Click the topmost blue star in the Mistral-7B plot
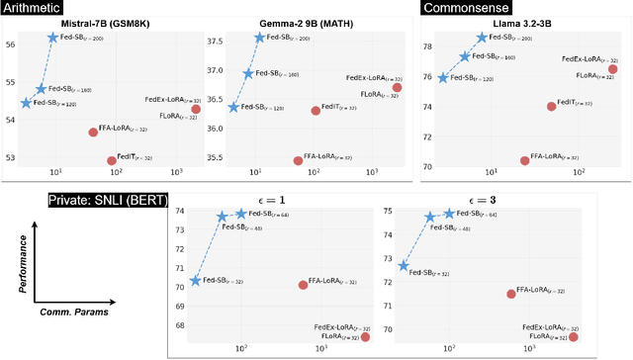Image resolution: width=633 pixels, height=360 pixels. (53, 38)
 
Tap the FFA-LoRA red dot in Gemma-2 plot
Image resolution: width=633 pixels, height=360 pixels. (298, 160)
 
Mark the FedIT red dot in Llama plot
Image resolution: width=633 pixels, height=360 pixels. (552, 106)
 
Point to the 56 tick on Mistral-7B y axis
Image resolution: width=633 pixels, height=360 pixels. (10, 45)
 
